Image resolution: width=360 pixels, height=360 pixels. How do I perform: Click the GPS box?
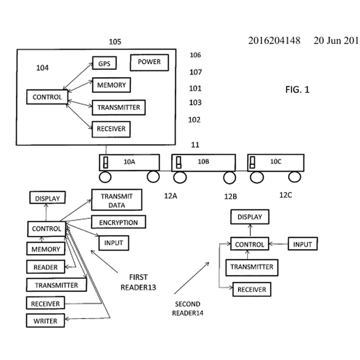click(104, 63)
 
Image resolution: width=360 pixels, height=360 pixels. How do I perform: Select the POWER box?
click(149, 62)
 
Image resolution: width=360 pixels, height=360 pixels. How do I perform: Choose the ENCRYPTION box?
click(118, 222)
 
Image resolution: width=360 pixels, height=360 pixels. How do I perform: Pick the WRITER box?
click(45, 321)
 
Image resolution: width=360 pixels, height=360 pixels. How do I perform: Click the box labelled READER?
click(45, 267)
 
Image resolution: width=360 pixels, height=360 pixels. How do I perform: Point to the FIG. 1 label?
click(297, 90)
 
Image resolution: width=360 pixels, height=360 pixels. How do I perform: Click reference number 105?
click(115, 42)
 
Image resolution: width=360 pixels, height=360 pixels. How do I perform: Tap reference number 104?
click(42, 68)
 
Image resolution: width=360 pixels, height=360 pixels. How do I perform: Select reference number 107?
click(195, 72)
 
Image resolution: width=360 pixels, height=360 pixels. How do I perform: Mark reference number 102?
click(194, 120)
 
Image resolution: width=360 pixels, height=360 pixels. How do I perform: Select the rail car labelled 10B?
click(203, 162)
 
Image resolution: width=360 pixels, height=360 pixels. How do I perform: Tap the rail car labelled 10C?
click(275, 162)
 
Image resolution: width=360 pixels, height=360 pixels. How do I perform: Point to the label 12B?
click(230, 196)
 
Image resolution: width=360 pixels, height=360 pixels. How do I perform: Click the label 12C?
click(286, 195)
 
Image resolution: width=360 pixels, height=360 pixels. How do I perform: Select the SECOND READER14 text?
click(188, 308)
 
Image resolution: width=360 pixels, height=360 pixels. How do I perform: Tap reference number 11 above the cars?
click(195, 145)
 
